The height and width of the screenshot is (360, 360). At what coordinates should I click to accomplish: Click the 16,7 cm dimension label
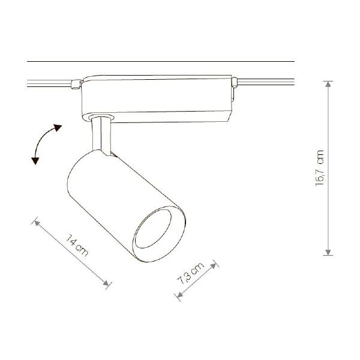click(320, 168)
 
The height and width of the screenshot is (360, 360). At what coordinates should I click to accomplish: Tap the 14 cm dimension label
click(77, 245)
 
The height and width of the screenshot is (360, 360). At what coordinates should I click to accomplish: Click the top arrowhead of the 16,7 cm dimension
click(328, 84)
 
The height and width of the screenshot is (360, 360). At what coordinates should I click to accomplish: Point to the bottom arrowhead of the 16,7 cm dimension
click(328, 252)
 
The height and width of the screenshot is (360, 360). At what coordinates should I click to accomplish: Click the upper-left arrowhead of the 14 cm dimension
click(37, 223)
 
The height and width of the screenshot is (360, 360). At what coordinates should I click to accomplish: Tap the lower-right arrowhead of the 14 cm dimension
click(106, 283)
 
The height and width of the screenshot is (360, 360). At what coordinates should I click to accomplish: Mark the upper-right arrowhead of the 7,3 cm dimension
click(214, 266)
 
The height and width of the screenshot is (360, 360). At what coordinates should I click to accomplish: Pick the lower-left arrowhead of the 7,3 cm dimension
click(180, 295)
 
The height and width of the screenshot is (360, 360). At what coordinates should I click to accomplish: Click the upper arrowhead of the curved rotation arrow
click(58, 127)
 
